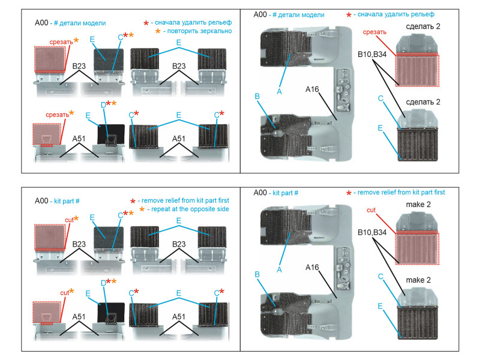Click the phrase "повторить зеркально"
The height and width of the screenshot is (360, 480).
click(x=199, y=31)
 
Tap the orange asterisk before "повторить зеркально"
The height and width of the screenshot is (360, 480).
click(x=158, y=31)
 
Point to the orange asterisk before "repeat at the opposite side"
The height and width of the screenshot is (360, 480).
click(x=142, y=209)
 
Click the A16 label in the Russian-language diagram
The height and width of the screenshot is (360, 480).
click(x=312, y=89)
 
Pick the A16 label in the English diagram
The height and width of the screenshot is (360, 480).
click(x=312, y=267)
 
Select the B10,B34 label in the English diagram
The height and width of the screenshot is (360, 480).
click(x=372, y=232)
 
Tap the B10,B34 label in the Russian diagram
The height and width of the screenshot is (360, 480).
click(x=372, y=54)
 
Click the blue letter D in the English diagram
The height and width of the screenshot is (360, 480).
click(x=103, y=283)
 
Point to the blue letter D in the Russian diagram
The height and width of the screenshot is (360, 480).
click(x=103, y=105)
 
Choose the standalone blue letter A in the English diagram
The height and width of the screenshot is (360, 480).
click(x=279, y=269)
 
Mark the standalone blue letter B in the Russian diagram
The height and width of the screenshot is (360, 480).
click(x=257, y=97)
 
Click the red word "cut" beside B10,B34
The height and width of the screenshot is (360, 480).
click(x=371, y=210)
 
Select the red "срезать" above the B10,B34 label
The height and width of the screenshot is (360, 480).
click(x=374, y=32)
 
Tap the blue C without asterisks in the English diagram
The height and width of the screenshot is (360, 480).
click(x=380, y=277)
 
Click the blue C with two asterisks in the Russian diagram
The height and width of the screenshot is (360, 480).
click(x=121, y=37)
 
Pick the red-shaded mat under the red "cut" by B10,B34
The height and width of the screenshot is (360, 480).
click(x=417, y=248)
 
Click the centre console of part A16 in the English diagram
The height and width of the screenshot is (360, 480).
click(x=343, y=268)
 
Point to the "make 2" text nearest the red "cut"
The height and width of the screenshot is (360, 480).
click(x=418, y=205)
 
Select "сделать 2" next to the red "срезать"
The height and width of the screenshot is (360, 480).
click(x=423, y=26)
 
